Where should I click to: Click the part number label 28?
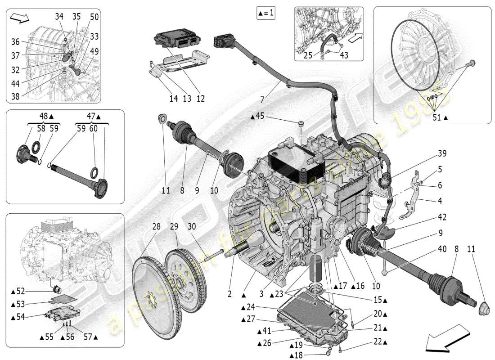pos(156,227)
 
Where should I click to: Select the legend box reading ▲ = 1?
pos(265,13)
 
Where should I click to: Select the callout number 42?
pos(441,217)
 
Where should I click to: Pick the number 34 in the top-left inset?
pos(59,17)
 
